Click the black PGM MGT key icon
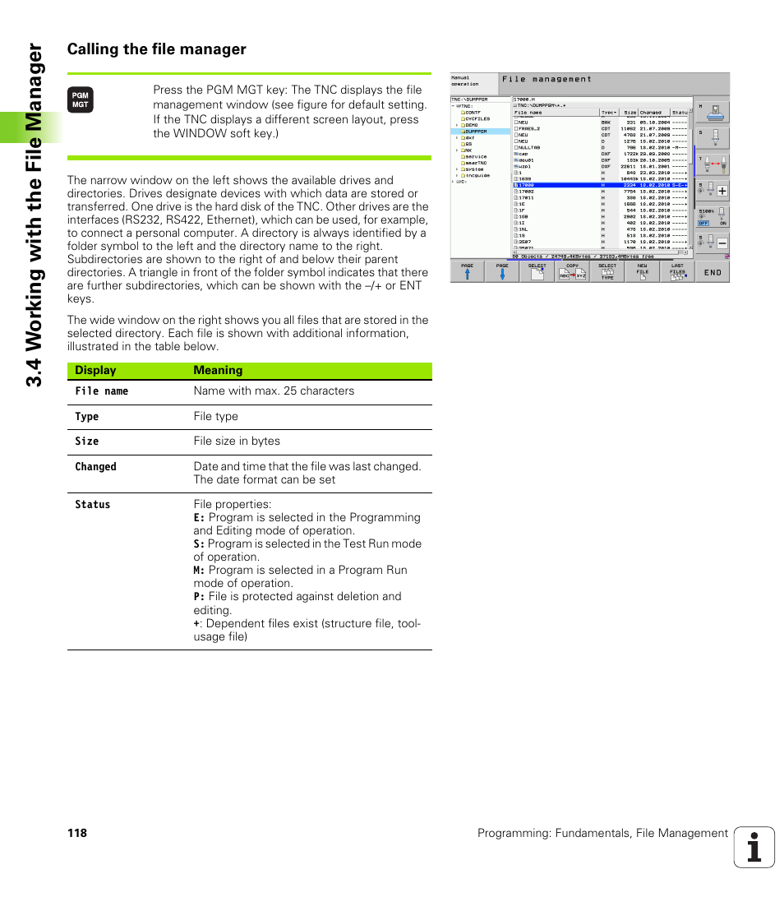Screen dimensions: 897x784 point(81,100)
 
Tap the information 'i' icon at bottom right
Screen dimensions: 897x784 point(754,847)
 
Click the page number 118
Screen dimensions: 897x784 point(77,833)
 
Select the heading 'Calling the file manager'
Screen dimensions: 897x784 point(157,49)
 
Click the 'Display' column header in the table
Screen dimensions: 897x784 point(95,371)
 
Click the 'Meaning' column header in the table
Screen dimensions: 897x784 point(218,371)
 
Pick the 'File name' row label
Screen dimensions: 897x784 point(102,391)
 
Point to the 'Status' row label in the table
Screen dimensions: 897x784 point(92,505)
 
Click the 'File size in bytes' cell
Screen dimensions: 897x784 point(237,442)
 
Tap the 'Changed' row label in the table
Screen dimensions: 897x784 point(95,467)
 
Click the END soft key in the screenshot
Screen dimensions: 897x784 point(712,272)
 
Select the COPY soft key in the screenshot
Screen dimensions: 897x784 point(572,272)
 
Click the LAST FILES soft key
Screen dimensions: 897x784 point(677,272)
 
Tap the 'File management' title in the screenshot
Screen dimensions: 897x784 point(546,79)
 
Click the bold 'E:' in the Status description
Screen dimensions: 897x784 point(199,518)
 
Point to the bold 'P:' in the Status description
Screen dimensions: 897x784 point(199,597)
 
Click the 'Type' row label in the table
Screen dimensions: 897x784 point(87,417)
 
